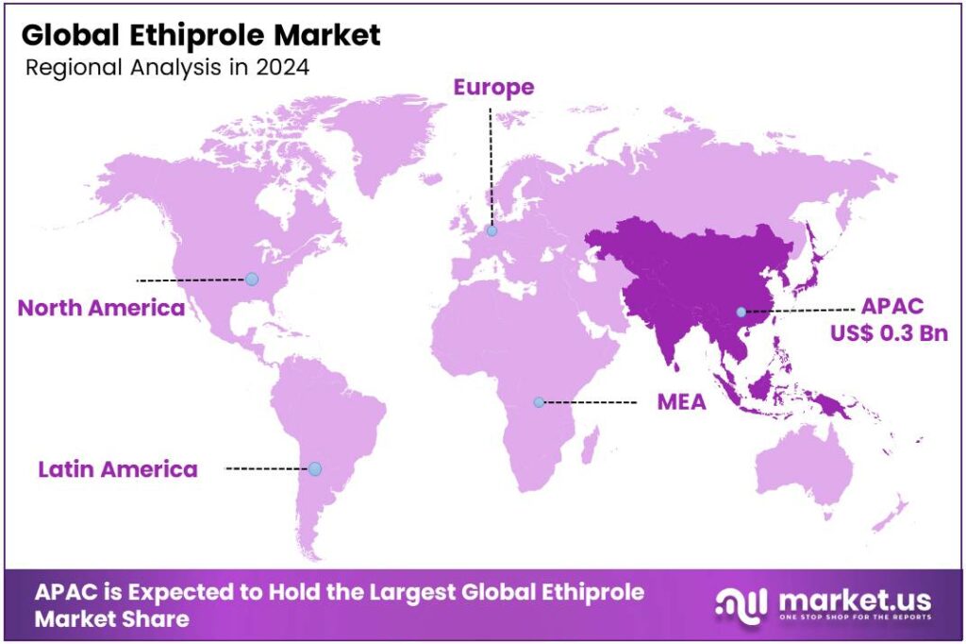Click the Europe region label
(x=493, y=88)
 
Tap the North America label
(x=102, y=308)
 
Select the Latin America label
(x=118, y=468)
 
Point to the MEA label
(x=681, y=402)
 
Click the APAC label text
(x=891, y=307)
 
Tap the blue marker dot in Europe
(x=491, y=230)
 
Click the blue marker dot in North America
(x=251, y=279)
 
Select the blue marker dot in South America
(x=315, y=468)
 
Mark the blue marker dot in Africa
(x=539, y=402)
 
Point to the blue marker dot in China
(x=741, y=312)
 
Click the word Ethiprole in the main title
(x=193, y=36)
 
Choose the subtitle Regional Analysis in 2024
(x=168, y=68)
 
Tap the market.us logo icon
(x=739, y=604)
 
